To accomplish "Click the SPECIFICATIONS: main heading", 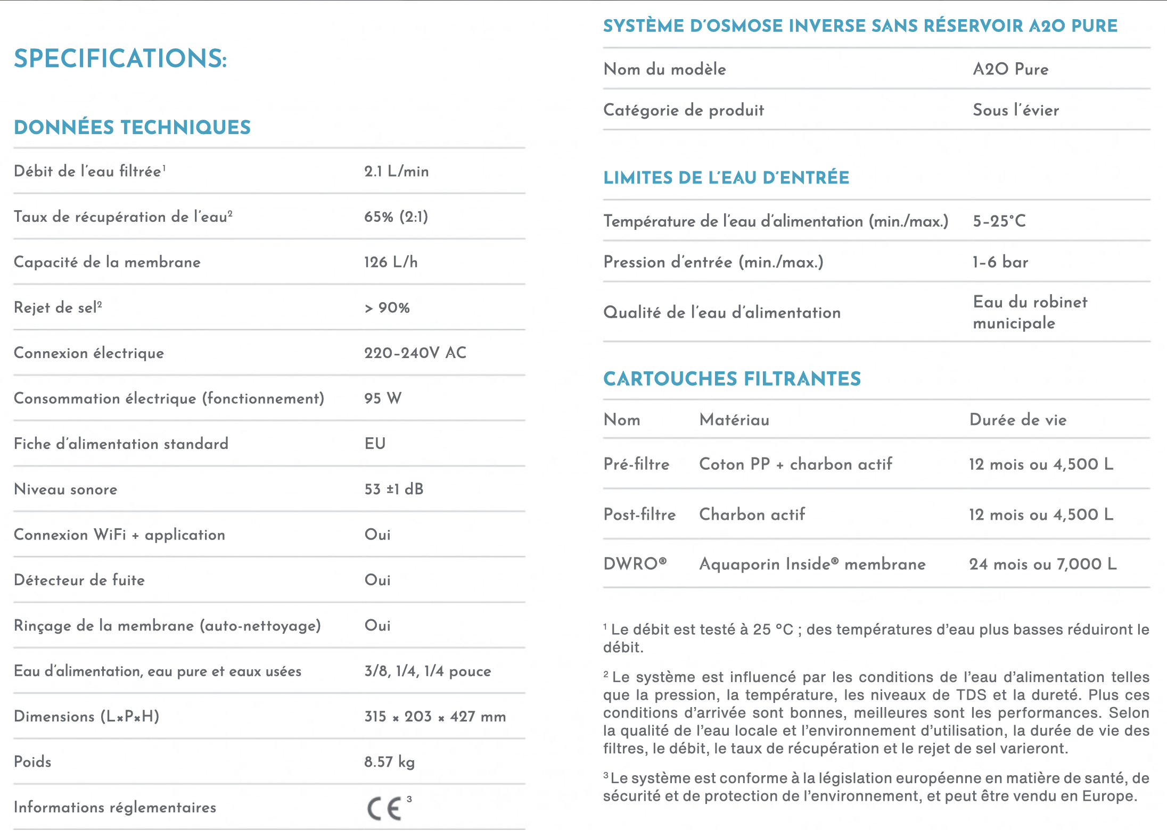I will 120,59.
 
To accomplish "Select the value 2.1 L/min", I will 396,171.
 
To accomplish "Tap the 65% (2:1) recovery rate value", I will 396,217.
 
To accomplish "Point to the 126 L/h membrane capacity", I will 391,262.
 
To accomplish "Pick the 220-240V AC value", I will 415,353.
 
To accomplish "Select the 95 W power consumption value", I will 383,398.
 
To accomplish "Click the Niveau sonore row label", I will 65,489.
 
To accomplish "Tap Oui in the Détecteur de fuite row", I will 377,580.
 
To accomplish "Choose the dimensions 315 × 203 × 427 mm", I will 435,717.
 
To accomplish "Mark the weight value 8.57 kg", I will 389,762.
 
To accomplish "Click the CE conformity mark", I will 384,809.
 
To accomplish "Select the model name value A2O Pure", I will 1010,69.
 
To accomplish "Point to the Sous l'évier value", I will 1016,110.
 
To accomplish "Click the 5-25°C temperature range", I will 999,221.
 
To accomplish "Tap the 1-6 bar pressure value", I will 1000,262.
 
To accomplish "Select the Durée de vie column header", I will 1018,420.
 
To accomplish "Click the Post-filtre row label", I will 639,514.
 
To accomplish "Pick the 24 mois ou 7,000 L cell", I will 1042,564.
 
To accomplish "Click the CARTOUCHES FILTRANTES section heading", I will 732,379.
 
